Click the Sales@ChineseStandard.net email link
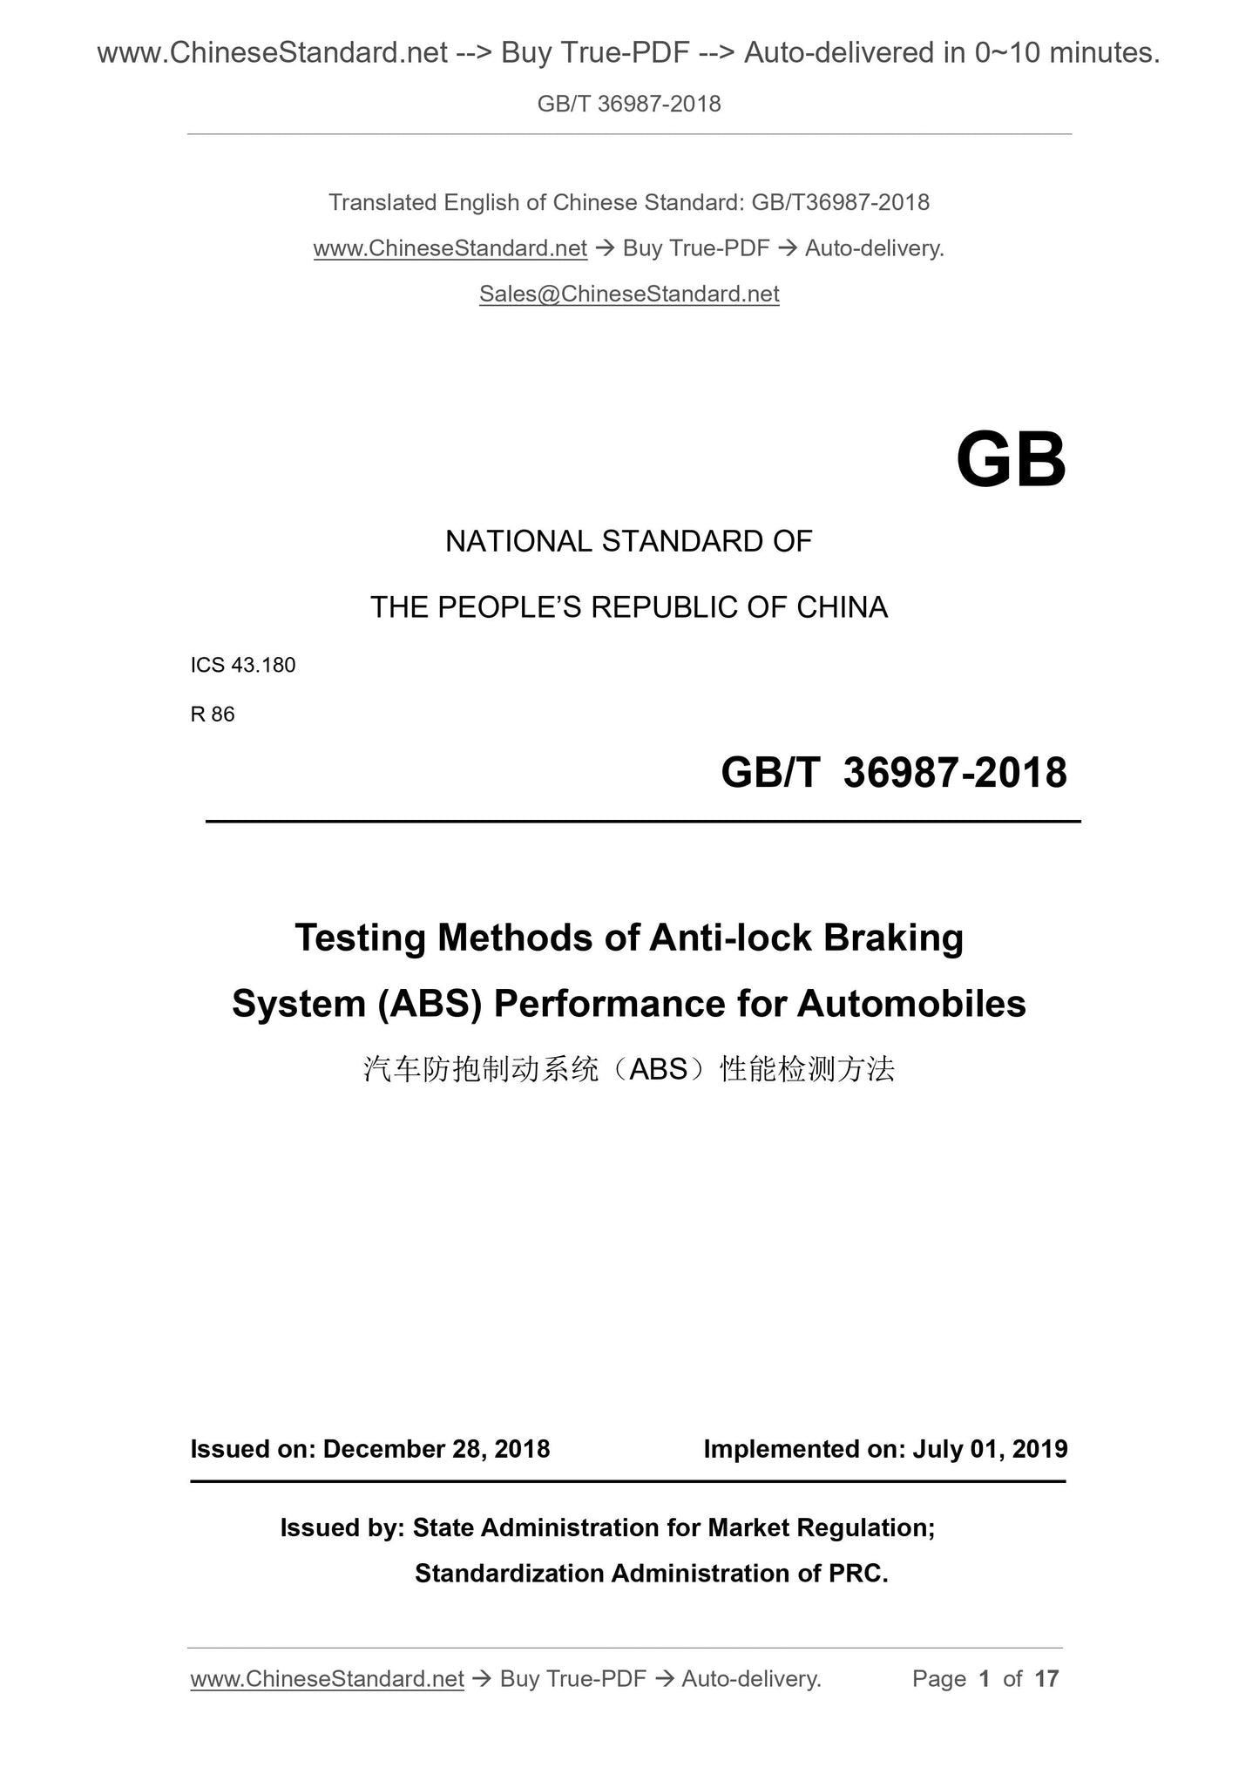click(629, 295)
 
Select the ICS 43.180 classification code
click(243, 665)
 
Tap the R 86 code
click(213, 714)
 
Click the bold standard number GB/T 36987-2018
click(893, 773)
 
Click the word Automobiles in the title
click(910, 1004)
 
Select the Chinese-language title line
click(629, 1069)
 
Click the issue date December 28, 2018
click(436, 1449)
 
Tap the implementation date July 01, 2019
click(990, 1449)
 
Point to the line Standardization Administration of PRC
click(651, 1574)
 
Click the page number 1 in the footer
click(985, 1679)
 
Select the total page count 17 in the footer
click(1046, 1679)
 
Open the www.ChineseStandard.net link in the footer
click(327, 1679)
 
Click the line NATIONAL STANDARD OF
click(628, 542)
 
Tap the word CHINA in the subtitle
click(842, 607)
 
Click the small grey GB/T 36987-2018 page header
click(629, 105)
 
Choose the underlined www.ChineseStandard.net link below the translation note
click(450, 249)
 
